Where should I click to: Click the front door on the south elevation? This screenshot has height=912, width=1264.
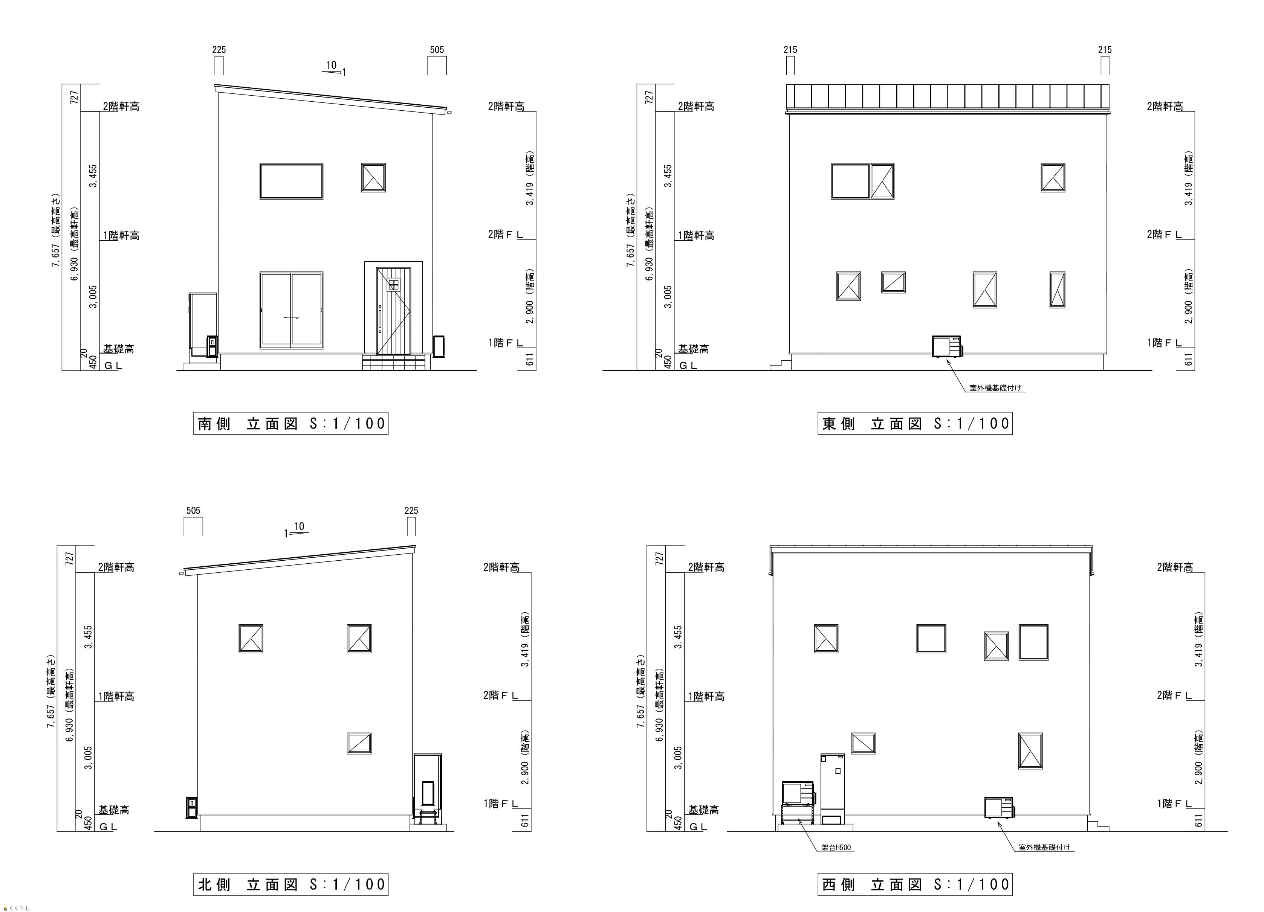[393, 311]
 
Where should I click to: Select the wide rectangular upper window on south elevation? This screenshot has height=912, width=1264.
[291, 181]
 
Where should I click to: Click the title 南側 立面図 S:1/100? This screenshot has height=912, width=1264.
[291, 423]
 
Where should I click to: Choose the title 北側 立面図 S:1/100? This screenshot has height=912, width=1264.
[291, 884]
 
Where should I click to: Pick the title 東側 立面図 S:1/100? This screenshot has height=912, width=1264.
[915, 423]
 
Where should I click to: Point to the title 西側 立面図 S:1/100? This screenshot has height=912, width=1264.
[915, 884]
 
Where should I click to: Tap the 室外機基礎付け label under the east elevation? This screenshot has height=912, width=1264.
[995, 388]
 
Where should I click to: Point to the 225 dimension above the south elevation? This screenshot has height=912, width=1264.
[219, 50]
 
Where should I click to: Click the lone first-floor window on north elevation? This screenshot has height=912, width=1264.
[359, 743]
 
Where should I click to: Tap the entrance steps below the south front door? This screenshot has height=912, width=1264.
[393, 363]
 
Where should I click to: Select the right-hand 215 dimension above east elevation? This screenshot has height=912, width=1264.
[1105, 50]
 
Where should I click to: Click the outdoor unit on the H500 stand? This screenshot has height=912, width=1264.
[799, 793]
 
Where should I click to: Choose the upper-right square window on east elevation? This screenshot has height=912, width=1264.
[1053, 178]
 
